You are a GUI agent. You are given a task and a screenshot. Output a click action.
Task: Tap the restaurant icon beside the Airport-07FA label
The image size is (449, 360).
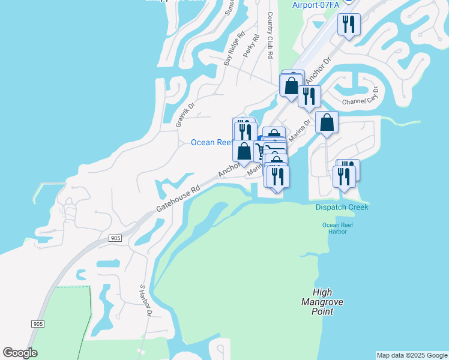tap(349, 25)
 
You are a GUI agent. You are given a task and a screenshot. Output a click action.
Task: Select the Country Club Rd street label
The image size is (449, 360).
tap(270, 35)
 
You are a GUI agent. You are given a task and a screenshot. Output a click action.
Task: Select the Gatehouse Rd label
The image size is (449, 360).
tap(178, 198)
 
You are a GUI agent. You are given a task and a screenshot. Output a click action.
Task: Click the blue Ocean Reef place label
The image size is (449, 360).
tap(211, 142)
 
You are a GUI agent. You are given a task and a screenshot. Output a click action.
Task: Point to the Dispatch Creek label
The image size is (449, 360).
tap(342, 207)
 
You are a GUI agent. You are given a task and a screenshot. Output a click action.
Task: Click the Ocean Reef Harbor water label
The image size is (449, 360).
tap(334, 229)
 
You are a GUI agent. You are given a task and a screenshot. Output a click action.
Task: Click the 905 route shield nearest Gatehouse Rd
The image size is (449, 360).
tap(116, 238)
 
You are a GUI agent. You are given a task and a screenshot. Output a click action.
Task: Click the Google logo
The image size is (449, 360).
tap(20, 353)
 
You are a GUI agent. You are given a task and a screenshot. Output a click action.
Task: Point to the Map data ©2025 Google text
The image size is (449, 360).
tap(411, 355)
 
